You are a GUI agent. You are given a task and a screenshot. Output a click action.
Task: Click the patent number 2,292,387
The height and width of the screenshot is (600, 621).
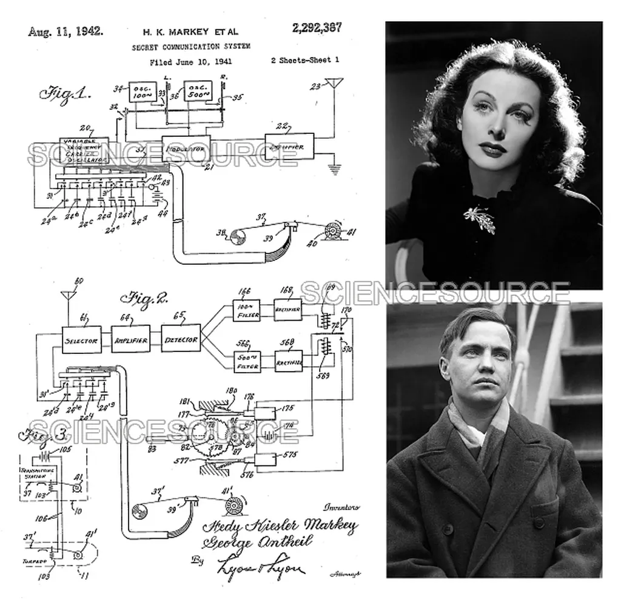[316, 28]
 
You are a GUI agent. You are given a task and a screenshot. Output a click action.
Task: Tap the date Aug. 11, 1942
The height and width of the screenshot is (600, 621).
[65, 32]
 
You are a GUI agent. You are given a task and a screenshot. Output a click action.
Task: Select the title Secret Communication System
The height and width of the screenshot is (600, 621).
[191, 47]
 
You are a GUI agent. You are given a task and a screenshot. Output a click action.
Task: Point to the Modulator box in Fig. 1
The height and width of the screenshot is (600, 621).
[186, 148]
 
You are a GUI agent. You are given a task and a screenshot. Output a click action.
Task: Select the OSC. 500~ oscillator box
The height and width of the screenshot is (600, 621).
[198, 91]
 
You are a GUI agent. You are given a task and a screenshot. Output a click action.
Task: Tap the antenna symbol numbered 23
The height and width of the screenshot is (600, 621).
[334, 84]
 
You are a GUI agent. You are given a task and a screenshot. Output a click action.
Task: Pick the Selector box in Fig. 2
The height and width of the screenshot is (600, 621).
[81, 341]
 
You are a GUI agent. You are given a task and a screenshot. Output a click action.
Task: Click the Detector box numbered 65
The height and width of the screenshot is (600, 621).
[181, 340]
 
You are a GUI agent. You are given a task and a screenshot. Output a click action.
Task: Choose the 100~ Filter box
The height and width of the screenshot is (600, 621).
[247, 310]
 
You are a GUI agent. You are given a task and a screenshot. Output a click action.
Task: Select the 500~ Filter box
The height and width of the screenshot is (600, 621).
[247, 362]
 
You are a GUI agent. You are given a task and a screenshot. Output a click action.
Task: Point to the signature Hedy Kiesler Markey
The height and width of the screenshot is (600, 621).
[280, 525]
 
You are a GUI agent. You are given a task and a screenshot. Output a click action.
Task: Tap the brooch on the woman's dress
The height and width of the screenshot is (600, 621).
[480, 219]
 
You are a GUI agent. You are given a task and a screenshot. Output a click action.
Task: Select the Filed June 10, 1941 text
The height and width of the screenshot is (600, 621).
[190, 62]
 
